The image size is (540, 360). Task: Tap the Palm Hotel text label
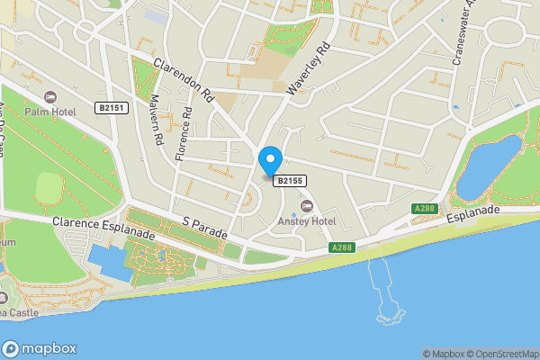coord(49,112)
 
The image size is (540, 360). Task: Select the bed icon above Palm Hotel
coord(49,96)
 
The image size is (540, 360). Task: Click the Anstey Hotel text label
coord(306,222)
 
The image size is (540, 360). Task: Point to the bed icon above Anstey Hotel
coord(306,208)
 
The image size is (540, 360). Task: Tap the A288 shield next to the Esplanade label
coord(425,209)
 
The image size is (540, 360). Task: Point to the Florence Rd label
coord(184,134)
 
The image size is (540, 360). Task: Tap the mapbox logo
coord(40,348)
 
